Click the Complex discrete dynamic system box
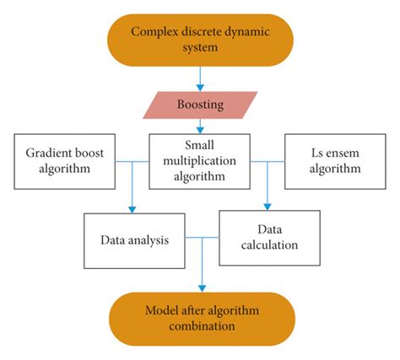click(200, 40)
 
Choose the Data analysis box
click(132, 240)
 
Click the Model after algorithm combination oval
click(200, 316)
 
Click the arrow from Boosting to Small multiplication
click(201, 126)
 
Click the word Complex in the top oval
click(153, 32)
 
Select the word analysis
click(149, 240)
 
